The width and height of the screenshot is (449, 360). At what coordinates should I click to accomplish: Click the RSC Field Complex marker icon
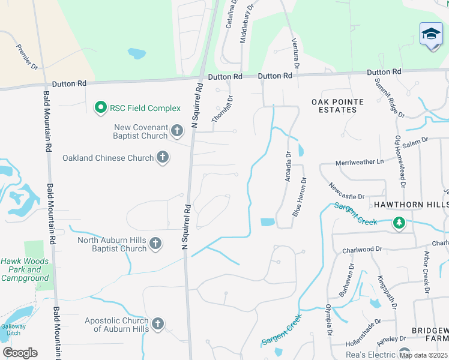point(101,108)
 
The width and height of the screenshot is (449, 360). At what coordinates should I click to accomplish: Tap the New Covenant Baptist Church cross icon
point(176,130)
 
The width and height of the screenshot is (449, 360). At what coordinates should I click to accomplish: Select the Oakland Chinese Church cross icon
point(162,158)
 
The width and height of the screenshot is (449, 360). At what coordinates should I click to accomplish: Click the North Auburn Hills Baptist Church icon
point(155,244)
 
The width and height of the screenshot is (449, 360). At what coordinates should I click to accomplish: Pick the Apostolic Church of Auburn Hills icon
point(158,325)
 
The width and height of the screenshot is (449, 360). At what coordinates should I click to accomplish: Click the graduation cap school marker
point(431,34)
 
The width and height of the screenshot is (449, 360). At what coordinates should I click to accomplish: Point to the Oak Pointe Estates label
point(334,106)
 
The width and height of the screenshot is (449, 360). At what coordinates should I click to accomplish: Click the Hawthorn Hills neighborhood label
point(408,205)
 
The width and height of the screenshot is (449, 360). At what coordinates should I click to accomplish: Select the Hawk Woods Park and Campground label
point(25,269)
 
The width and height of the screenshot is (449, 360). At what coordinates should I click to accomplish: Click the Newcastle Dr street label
point(346,191)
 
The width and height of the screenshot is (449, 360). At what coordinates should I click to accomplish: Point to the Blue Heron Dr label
point(300,197)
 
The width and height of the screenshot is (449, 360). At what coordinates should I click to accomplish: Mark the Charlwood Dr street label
point(362,249)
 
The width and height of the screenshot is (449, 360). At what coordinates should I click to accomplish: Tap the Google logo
point(20,353)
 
